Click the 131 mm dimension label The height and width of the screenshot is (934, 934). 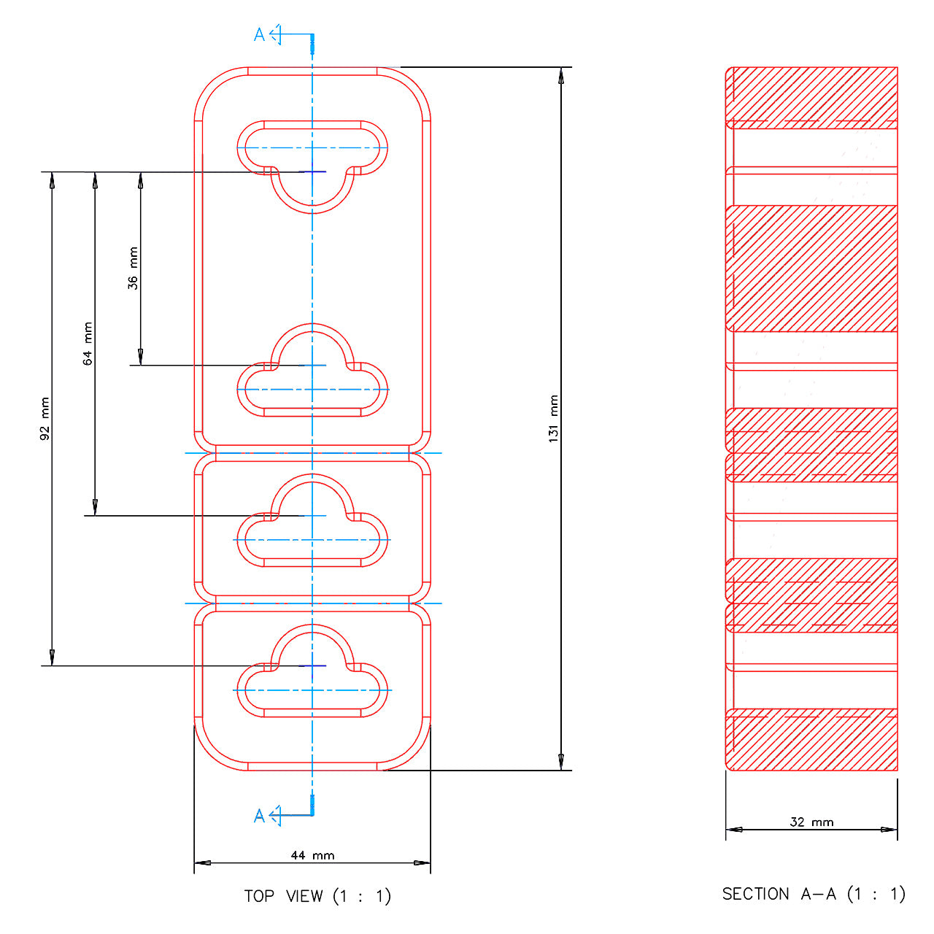click(554, 418)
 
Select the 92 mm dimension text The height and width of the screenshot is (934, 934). click(45, 419)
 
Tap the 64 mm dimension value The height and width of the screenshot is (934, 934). click(88, 343)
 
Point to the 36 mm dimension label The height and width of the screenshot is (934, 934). click(133, 268)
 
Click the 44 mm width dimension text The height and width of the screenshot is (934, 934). click(312, 855)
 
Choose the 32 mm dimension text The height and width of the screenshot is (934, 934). click(812, 822)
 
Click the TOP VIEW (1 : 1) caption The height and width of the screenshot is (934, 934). click(317, 896)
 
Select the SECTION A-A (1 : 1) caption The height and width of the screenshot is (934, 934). click(814, 894)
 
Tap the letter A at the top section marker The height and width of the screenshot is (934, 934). click(259, 34)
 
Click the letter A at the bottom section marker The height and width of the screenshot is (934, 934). click(259, 816)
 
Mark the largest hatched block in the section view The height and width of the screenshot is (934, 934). click(811, 269)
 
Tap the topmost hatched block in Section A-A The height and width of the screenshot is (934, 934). click(811, 98)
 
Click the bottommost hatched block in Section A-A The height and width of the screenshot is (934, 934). click(811, 739)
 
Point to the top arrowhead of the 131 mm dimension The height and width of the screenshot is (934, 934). click(561, 76)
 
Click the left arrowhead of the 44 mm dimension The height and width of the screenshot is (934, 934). click(203, 862)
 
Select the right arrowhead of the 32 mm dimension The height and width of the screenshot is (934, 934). click(889, 830)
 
